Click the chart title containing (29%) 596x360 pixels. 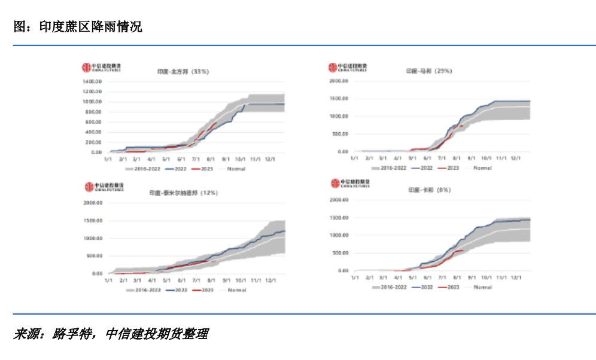coord(428,71)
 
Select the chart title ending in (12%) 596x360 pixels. coord(183,193)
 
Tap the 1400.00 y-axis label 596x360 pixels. coord(93,81)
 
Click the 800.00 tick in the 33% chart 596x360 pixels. coord(94,122)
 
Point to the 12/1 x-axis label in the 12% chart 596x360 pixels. coord(270,279)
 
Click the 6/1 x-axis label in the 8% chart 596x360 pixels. coord(427,278)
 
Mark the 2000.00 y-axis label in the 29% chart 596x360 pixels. coord(338,80)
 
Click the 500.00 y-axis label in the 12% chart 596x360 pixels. coord(95,256)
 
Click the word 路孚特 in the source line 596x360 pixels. coord(70,334)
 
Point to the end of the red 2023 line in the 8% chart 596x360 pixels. coord(464,251)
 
